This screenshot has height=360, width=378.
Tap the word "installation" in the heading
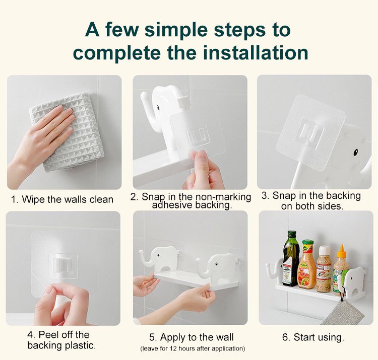click(x=256, y=53)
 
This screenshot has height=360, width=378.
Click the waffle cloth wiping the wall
click(x=67, y=132)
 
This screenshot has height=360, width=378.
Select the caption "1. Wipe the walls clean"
click(x=62, y=199)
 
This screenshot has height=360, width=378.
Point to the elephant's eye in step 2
click(x=158, y=107)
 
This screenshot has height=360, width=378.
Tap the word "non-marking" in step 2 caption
click(x=223, y=197)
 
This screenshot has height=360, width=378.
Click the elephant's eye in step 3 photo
click(x=356, y=152)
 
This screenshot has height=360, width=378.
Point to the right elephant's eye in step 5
click(x=216, y=264)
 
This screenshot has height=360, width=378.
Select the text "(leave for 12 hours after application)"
click(x=193, y=348)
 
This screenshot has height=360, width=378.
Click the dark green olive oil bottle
click(x=290, y=258)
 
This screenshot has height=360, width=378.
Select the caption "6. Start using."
click(x=313, y=337)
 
